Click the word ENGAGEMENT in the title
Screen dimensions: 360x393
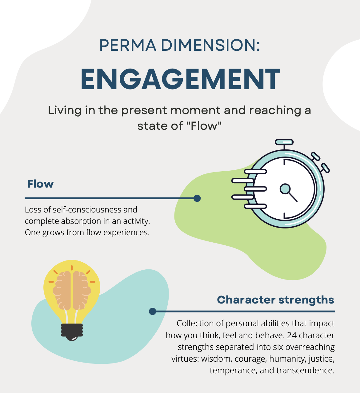pyautogui.click(x=180, y=79)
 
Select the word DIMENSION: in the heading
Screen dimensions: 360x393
pyautogui.click(x=210, y=45)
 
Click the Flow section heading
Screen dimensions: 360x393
pyautogui.click(x=40, y=184)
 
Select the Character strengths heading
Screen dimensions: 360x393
pyautogui.click(x=275, y=300)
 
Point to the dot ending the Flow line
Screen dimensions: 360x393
pyautogui.click(x=197, y=198)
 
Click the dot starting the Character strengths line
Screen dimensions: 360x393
pyautogui.click(x=152, y=312)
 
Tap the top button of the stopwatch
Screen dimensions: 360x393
pyautogui.click(x=284, y=142)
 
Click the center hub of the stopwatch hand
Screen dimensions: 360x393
pyautogui.click(x=285, y=189)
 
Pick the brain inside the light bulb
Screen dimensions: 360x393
pyautogui.click(x=72, y=290)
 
